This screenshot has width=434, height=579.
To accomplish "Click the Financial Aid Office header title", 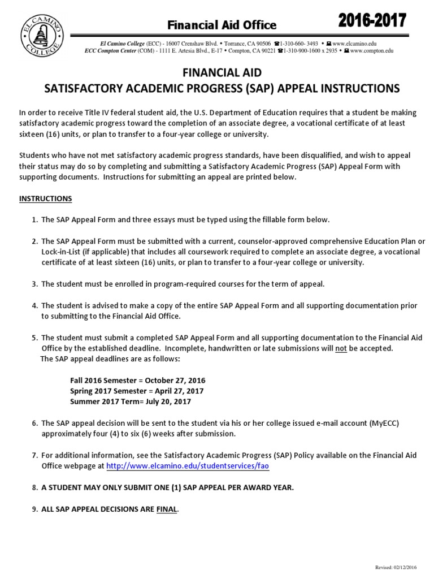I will (221, 25).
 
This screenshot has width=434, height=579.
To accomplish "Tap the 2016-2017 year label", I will (372, 21).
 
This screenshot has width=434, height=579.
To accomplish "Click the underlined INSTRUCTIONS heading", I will (45, 198).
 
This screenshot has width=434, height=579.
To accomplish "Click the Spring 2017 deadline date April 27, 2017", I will (179, 391).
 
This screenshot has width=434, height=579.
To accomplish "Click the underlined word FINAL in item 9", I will (167, 509).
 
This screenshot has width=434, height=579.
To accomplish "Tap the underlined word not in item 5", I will (341, 348).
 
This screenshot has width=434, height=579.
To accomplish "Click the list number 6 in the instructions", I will (34, 422).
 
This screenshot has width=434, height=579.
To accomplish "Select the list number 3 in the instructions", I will (34, 284).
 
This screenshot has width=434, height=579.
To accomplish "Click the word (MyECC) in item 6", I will (387, 422).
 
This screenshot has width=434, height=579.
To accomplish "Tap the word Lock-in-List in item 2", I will (64, 252).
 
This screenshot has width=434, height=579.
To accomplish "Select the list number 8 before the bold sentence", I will (34, 488).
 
